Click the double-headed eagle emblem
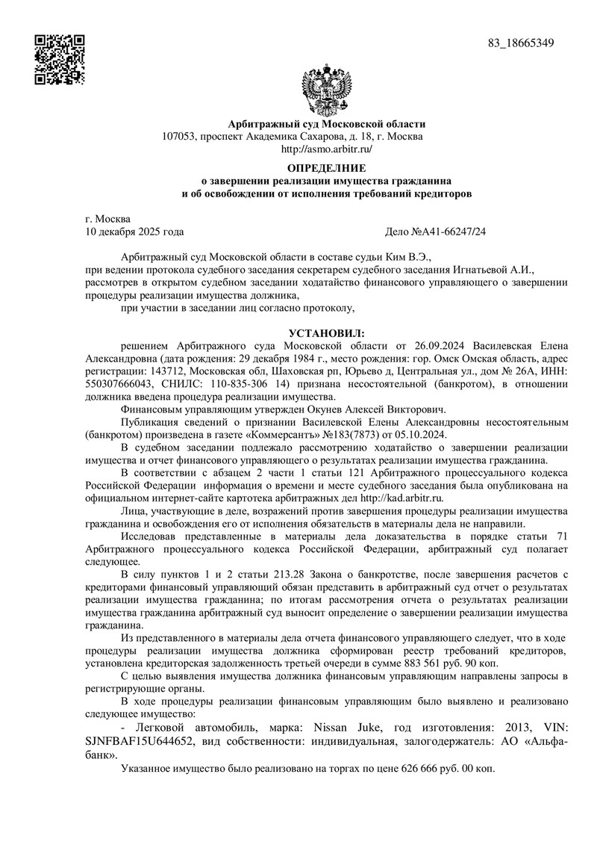(327, 90)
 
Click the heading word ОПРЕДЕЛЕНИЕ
(327, 167)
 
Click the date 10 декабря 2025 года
(135, 232)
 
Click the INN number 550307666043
(122, 383)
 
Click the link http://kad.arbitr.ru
(402, 497)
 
